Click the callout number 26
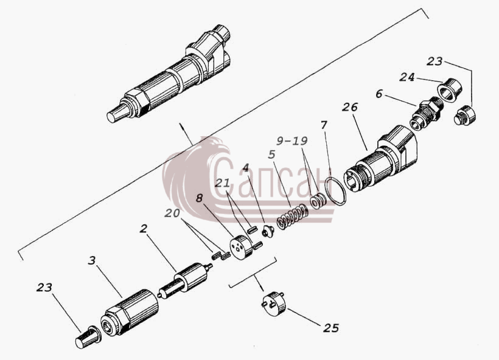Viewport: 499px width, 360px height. (x=350, y=107)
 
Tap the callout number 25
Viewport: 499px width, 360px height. (x=331, y=328)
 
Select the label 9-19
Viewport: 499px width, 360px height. (x=292, y=140)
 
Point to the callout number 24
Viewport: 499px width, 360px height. (x=407, y=77)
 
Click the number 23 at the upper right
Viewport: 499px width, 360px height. (x=434, y=61)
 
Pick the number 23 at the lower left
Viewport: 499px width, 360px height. (x=44, y=288)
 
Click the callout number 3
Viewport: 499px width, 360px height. (x=92, y=261)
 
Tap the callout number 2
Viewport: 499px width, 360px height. (x=144, y=228)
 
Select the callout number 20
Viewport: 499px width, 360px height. (x=172, y=213)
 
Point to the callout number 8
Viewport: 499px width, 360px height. (x=199, y=198)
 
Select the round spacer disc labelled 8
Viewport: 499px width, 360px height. (x=241, y=247)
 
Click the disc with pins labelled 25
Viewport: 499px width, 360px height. (x=274, y=303)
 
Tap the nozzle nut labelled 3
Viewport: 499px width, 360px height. (x=129, y=313)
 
